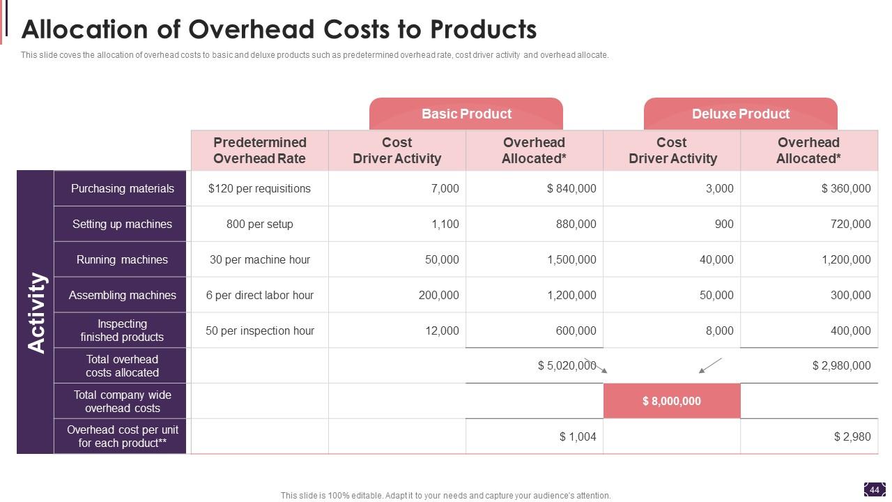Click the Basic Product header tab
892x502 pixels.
point(466,114)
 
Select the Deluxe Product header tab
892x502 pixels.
point(740,114)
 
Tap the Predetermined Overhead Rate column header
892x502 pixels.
point(259,150)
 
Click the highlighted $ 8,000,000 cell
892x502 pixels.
point(672,401)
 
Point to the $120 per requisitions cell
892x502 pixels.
point(259,188)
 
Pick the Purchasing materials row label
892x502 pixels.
point(122,188)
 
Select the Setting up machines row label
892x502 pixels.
point(122,224)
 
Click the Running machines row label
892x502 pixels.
point(122,259)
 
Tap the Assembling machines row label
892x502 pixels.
point(122,295)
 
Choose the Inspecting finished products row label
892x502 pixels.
point(122,330)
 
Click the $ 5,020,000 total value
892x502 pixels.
point(567,365)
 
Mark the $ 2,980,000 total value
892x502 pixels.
point(841,365)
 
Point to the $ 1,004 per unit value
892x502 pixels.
point(578,436)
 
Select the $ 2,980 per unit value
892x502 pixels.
point(852,436)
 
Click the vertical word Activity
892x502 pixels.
point(36,312)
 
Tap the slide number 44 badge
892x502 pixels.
point(875,489)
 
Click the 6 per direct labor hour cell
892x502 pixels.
point(259,295)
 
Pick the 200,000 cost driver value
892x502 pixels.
point(438,295)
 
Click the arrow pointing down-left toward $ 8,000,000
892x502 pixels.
point(710,365)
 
